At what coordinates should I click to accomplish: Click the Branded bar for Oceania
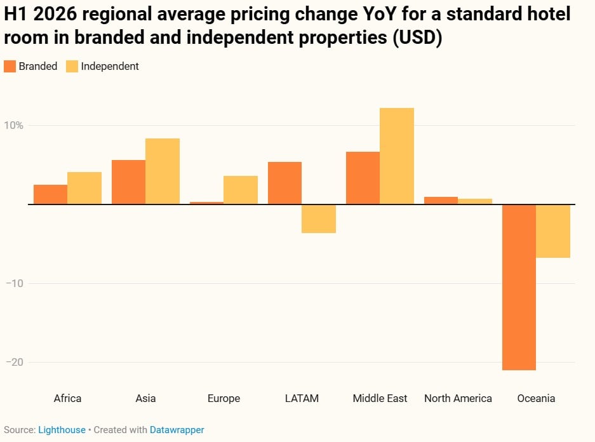click(519, 287)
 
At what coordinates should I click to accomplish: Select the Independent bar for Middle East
click(397, 156)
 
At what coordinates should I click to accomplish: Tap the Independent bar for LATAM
click(319, 219)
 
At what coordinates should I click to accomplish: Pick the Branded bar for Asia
click(128, 182)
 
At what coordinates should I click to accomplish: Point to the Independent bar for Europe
click(241, 190)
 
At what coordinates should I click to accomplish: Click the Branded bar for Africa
click(50, 194)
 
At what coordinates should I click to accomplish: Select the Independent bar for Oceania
click(553, 231)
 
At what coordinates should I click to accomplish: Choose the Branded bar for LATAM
click(284, 183)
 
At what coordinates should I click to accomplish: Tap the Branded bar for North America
click(441, 201)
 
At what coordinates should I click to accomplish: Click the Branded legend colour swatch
click(10, 66)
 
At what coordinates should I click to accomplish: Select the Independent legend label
click(110, 66)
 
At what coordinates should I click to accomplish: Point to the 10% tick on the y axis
click(14, 125)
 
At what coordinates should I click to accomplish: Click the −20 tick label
click(14, 362)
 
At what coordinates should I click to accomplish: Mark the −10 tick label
click(14, 283)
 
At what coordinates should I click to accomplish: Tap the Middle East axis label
click(380, 398)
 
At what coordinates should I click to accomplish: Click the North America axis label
click(458, 398)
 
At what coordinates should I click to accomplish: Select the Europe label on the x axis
click(224, 398)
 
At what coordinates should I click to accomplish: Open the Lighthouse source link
click(62, 430)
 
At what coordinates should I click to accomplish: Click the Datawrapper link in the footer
click(177, 430)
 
